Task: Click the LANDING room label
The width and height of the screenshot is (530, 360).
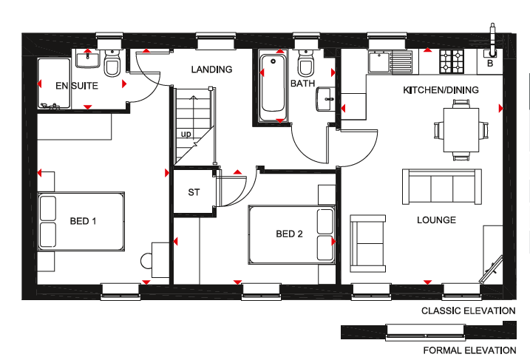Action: (211, 69)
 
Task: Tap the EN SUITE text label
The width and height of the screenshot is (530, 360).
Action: (77, 86)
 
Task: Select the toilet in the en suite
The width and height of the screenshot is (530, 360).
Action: (112, 64)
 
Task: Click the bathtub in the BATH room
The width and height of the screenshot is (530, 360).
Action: (273, 86)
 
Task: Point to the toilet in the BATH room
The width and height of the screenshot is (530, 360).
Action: (306, 64)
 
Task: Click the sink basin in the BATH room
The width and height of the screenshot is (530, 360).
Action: (326, 99)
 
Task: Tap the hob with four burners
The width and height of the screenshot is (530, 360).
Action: (452, 61)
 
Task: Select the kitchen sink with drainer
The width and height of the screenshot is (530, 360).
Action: (391, 62)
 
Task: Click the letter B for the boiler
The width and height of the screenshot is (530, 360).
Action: (490, 64)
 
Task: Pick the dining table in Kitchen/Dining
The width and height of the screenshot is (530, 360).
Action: (461, 130)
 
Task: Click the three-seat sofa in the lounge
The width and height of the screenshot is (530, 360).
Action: (442, 186)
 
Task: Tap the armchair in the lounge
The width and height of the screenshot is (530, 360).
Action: (368, 243)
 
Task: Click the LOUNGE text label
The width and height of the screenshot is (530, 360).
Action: (436, 220)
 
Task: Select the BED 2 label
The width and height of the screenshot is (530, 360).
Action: (289, 234)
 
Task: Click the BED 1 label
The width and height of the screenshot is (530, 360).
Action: (83, 221)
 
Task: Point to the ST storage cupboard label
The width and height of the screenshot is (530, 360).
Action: (194, 192)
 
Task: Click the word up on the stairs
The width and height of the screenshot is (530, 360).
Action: (186, 135)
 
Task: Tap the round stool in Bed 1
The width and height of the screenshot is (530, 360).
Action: (146, 261)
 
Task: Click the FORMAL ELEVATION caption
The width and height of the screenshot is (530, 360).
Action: (469, 350)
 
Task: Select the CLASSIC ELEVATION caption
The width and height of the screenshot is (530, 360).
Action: (469, 311)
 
